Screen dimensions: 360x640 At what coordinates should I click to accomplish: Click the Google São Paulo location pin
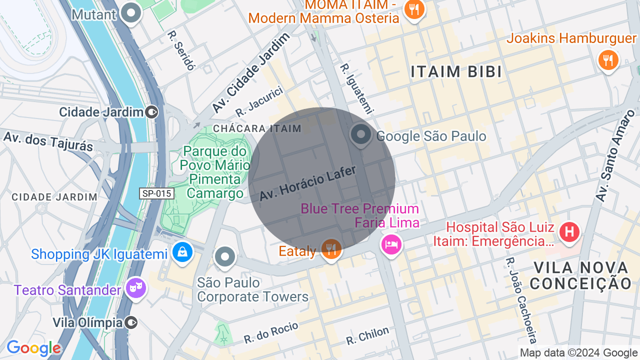click(360, 135)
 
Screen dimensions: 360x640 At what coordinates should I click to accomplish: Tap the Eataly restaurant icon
click(331, 247)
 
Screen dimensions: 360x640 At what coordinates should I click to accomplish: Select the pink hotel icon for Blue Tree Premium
click(391, 244)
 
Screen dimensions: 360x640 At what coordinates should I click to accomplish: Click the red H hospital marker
click(569, 232)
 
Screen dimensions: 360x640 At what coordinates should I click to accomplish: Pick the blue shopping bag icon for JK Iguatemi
click(182, 252)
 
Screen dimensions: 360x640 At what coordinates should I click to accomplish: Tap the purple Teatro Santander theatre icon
click(135, 288)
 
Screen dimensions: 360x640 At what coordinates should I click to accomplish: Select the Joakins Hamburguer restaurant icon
click(608, 60)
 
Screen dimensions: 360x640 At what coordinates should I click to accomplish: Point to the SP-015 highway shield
click(156, 193)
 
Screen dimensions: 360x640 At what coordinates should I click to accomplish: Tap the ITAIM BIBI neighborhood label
click(456, 72)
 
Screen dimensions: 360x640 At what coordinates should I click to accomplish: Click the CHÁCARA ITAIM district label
click(257, 128)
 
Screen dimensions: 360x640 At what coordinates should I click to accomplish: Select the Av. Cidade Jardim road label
click(250, 73)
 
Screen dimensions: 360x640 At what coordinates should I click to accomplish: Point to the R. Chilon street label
click(367, 335)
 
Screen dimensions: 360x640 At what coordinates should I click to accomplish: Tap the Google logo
click(34, 348)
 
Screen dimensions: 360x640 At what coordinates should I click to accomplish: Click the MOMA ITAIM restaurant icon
click(414, 9)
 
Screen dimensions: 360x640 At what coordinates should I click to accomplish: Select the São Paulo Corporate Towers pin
click(225, 257)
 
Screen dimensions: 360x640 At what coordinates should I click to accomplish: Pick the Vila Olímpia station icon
click(131, 322)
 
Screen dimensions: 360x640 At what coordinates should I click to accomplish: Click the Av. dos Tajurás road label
click(48, 140)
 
